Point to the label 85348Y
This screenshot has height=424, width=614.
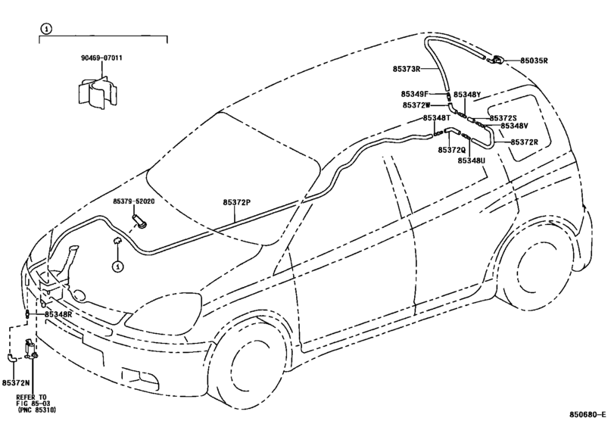click(467, 95)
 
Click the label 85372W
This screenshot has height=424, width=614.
click(416, 105)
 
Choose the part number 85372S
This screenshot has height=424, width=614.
click(503, 118)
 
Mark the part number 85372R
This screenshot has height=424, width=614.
click(524, 142)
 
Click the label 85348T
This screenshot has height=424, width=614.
click(437, 118)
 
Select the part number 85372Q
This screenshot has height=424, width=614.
click(451, 150)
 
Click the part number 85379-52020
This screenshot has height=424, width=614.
click(134, 202)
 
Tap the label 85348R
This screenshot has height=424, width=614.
click(58, 313)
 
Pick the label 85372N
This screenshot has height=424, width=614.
click(16, 384)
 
